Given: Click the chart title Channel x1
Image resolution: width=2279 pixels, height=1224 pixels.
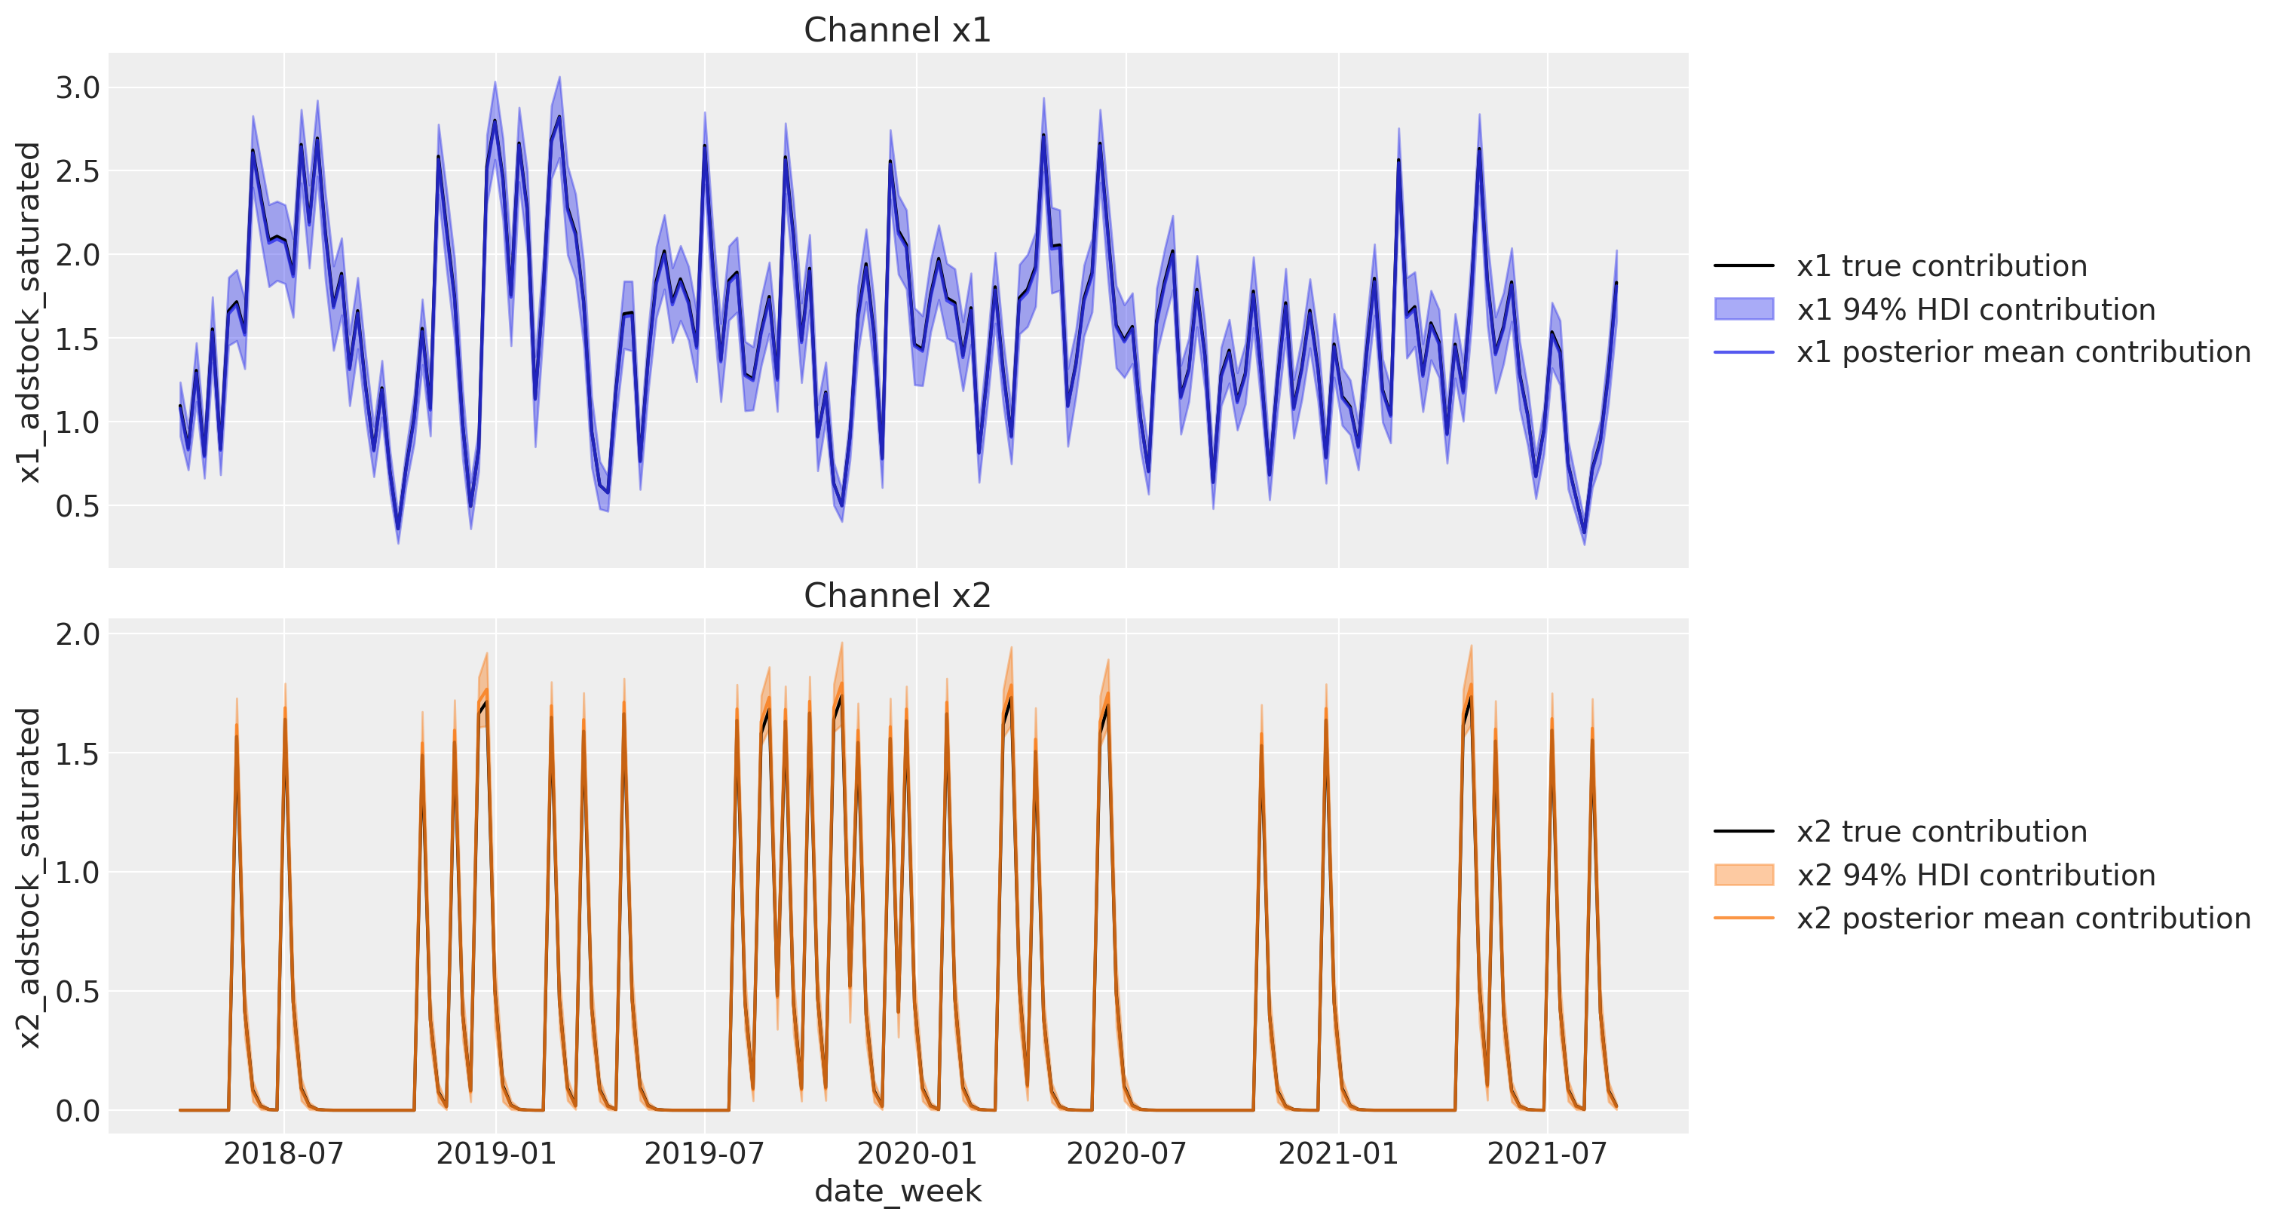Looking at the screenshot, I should tap(897, 30).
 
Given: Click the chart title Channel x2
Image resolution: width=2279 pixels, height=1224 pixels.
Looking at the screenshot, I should tap(897, 596).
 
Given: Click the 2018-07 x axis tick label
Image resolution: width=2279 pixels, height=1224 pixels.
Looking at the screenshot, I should tap(283, 1154).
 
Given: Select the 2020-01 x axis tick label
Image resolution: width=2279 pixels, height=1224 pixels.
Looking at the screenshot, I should tap(917, 1154).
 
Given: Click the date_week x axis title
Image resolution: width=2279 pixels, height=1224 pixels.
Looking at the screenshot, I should tap(897, 1192).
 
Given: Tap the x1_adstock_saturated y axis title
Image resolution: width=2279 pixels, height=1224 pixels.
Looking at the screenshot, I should tap(30, 311).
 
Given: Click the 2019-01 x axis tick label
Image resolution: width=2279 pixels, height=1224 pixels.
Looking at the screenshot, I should tap(495, 1154).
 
